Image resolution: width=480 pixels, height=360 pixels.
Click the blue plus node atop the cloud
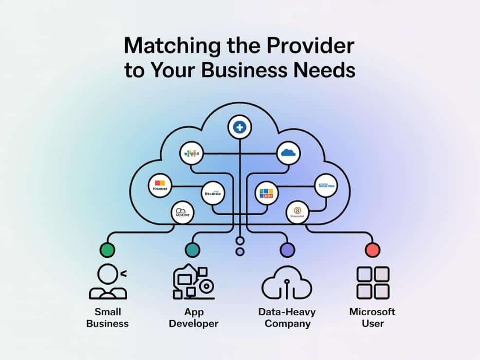coord(239,127)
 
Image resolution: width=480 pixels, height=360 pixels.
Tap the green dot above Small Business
coord(107,250)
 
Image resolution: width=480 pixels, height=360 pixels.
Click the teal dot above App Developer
coord(192,250)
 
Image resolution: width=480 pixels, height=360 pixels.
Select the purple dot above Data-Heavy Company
coord(287,250)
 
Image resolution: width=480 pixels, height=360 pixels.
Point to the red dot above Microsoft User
coord(372,250)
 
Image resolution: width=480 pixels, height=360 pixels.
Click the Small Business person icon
coord(108,282)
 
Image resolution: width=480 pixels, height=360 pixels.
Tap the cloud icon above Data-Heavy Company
coord(287,283)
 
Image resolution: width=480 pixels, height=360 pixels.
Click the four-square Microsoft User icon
coord(373,283)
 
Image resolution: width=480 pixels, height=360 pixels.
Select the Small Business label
coord(108,318)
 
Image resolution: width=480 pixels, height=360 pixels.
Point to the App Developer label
coord(193,318)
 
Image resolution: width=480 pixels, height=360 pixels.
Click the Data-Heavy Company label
coord(287,318)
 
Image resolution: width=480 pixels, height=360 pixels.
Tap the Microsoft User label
coord(373,318)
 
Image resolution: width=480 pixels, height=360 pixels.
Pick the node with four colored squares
coord(267,193)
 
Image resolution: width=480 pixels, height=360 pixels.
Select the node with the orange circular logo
coord(296,212)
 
